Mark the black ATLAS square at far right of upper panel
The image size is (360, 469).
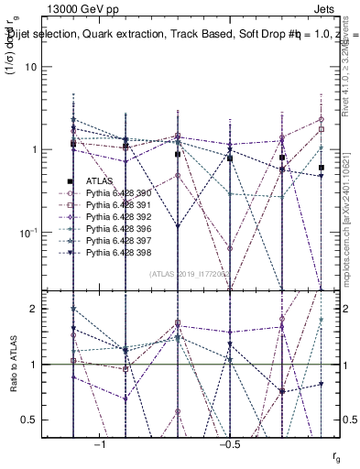click(x=321, y=168)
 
